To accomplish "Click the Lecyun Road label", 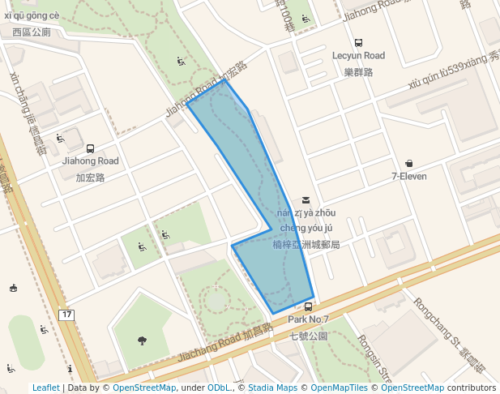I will (x=358, y=56).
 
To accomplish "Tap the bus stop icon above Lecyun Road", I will (x=358, y=43).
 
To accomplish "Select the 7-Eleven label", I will (x=408, y=176).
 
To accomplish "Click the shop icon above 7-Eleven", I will (x=408, y=163).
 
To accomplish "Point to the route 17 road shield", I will (x=66, y=314).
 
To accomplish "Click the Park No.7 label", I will (x=308, y=319).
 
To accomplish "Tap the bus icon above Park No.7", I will (x=309, y=306).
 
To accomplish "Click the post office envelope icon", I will (x=306, y=199).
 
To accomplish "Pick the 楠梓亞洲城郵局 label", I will (x=306, y=244).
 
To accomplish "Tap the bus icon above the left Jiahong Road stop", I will (x=90, y=148).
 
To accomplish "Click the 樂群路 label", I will (x=358, y=72).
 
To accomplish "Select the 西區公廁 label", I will (x=32, y=33).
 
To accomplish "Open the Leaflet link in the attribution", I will (x=45, y=388).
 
